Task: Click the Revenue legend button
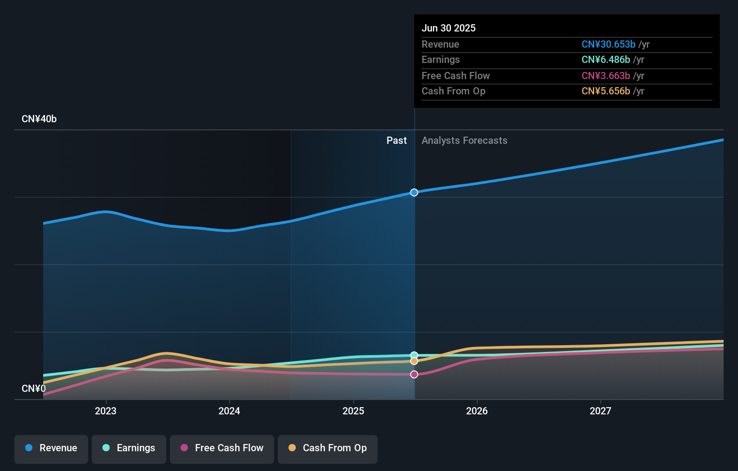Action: tap(51, 448)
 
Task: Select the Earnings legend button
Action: tap(129, 448)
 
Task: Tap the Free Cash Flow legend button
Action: tap(222, 448)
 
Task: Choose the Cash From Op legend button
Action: tap(328, 448)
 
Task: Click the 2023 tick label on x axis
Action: tap(106, 411)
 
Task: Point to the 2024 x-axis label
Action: tap(229, 411)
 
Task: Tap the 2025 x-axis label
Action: tap(353, 411)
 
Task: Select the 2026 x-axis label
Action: tap(477, 411)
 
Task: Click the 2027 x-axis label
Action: tap(600, 411)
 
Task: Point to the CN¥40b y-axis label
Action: tap(39, 119)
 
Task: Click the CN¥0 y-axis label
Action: tap(34, 388)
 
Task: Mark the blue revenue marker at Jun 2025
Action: tap(414, 192)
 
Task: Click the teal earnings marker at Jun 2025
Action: tap(414, 355)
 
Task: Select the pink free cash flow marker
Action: tap(414, 374)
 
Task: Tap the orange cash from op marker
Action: tap(414, 361)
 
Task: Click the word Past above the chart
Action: tap(396, 141)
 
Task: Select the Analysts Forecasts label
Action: tap(464, 141)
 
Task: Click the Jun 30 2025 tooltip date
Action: tap(449, 28)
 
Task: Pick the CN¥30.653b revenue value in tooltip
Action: tap(608, 44)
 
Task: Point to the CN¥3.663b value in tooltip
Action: tap(605, 76)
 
